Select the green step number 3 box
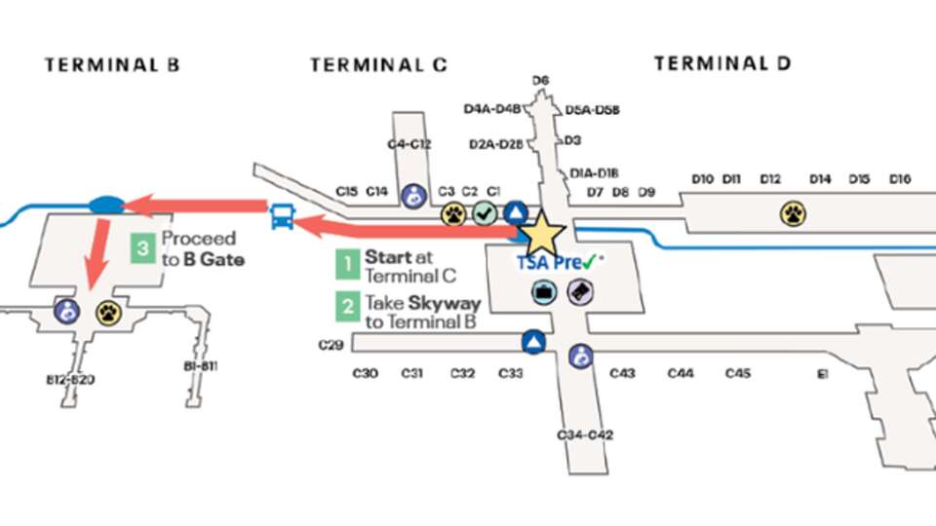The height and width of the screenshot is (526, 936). pyautogui.click(x=143, y=248)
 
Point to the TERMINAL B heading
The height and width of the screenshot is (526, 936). pyautogui.click(x=112, y=65)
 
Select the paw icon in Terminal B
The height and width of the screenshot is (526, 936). pyautogui.click(x=108, y=313)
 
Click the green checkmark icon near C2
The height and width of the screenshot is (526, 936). pyautogui.click(x=485, y=213)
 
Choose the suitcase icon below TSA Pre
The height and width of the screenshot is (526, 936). pyautogui.click(x=543, y=291)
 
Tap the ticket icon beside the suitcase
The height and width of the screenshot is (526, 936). pyautogui.click(x=580, y=291)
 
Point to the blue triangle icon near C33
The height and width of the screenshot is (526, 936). pyautogui.click(x=532, y=342)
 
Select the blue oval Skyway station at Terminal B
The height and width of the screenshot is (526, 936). pyautogui.click(x=104, y=205)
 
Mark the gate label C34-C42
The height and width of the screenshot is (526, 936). pyautogui.click(x=585, y=434)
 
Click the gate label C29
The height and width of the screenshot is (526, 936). pyautogui.click(x=332, y=345)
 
